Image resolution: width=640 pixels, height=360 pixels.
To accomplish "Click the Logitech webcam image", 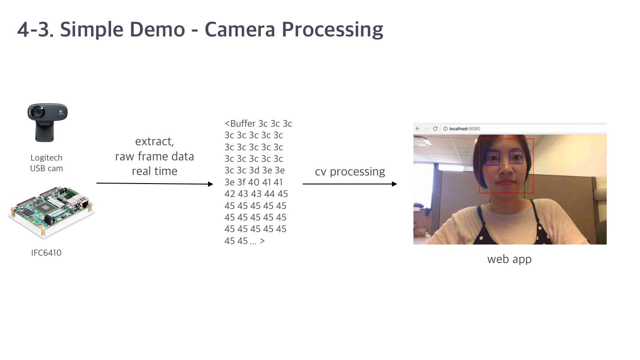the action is coord(48,123).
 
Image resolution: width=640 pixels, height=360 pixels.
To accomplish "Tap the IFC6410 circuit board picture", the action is coord(52,212).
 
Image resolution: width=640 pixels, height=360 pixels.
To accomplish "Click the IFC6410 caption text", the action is coord(46,252).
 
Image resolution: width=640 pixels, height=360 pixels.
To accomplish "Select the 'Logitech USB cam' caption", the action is coord(47,163).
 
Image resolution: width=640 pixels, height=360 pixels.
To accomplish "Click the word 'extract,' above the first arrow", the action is coord(154,141).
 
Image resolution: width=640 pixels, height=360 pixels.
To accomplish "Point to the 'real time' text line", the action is coord(155,171).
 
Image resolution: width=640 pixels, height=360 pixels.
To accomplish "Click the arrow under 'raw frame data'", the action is coord(155,184).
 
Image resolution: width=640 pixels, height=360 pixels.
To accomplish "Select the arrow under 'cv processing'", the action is coord(350,184).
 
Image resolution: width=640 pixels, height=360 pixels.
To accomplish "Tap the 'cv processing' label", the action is coord(350,172).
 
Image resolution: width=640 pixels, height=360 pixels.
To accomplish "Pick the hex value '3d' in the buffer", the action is coord(254,170).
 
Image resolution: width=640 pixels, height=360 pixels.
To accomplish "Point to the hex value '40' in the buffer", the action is coord(254,182).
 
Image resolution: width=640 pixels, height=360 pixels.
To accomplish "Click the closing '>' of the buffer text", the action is coord(262,241).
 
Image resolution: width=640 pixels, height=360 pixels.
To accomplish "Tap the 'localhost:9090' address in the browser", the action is coord(464,128).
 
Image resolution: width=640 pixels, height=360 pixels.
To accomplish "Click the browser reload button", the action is coord(435,128).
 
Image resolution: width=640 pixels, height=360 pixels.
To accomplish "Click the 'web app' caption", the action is coord(509,260).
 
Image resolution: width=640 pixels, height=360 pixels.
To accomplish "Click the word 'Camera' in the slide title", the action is coord(240,29).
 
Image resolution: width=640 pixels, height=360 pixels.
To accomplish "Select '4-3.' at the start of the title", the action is coord(36,29).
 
